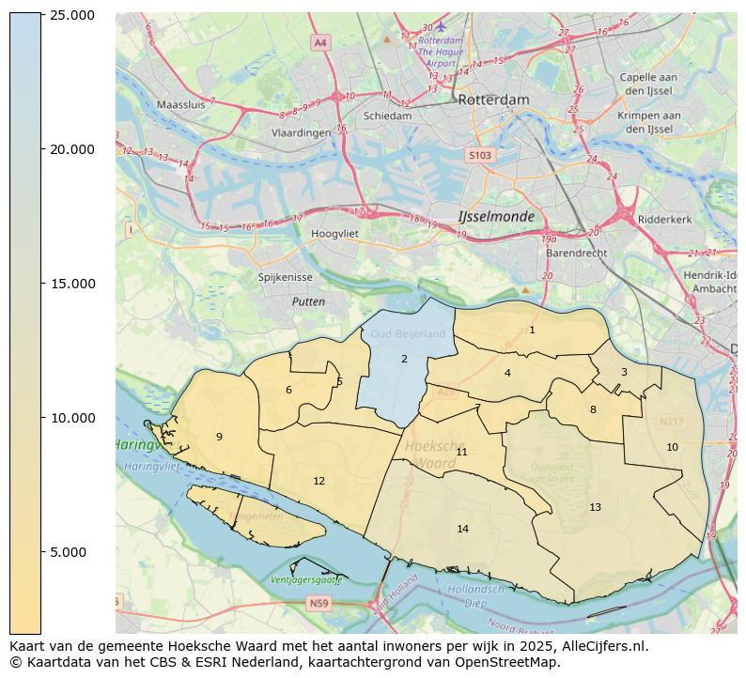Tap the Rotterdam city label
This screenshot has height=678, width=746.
pyautogui.click(x=493, y=100)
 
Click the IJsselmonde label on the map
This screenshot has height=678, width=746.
pyautogui.click(x=496, y=217)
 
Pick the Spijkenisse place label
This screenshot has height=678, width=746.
pyautogui.click(x=285, y=278)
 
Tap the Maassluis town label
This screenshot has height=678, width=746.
pyautogui.click(x=180, y=105)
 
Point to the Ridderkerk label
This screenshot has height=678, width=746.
pyautogui.click(x=664, y=220)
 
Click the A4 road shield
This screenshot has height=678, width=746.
pyautogui.click(x=320, y=42)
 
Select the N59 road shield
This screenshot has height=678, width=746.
pyautogui.click(x=319, y=603)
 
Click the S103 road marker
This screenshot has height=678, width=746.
pyautogui.click(x=479, y=155)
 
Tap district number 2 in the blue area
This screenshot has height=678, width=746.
pyautogui.click(x=404, y=359)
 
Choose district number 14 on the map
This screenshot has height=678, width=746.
pyautogui.click(x=462, y=529)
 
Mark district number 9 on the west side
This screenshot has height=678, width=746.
pyautogui.click(x=219, y=437)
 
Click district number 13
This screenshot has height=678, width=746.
pyautogui.click(x=595, y=507)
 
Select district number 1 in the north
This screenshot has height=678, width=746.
pyautogui.click(x=532, y=330)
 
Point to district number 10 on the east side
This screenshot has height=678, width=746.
pyautogui.click(x=672, y=447)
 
